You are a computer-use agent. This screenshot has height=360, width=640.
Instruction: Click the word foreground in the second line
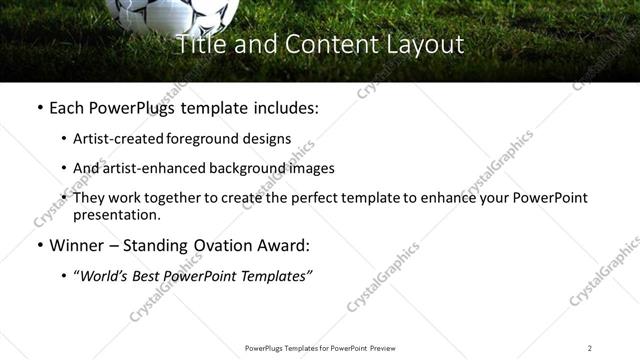199,139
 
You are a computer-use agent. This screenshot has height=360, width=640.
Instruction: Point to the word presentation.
115,215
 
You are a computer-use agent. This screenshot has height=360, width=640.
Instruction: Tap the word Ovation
225,245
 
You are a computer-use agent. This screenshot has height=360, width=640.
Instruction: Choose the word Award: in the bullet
285,245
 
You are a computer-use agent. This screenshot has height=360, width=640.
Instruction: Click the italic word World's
106,275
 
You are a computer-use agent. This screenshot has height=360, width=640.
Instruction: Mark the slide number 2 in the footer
589,348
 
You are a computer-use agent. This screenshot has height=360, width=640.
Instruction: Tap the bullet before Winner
39,246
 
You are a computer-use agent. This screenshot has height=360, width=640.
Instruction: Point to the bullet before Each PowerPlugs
39,107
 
